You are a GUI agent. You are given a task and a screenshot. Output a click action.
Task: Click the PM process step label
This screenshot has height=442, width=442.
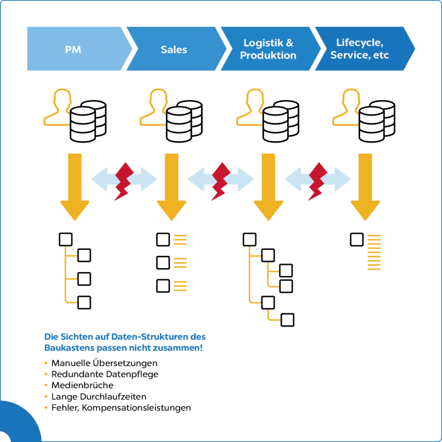tap(73, 49)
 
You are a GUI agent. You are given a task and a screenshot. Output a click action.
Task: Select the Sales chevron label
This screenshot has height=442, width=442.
tap(174, 49)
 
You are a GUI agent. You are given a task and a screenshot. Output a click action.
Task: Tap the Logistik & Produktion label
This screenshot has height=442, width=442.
tap(268, 49)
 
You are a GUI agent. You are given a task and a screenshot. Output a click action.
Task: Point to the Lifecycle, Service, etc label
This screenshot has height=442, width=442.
tap(360, 49)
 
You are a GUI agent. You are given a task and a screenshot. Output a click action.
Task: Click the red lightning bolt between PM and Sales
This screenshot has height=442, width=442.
tap(124, 181)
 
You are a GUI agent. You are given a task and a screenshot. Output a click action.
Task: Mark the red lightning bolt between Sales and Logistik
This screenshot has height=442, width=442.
tap(221, 181)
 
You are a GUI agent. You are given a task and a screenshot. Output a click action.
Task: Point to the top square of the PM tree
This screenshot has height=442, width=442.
tap(65, 240)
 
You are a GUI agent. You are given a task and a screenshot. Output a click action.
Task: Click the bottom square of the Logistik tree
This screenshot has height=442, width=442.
tap(287, 320)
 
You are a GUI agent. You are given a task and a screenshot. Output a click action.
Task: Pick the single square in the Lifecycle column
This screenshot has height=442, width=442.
tap(357, 240)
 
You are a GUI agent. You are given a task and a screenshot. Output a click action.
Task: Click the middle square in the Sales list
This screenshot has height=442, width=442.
tap(163, 262)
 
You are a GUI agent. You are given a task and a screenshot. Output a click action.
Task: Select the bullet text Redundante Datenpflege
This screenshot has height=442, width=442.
tap(105, 374)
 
